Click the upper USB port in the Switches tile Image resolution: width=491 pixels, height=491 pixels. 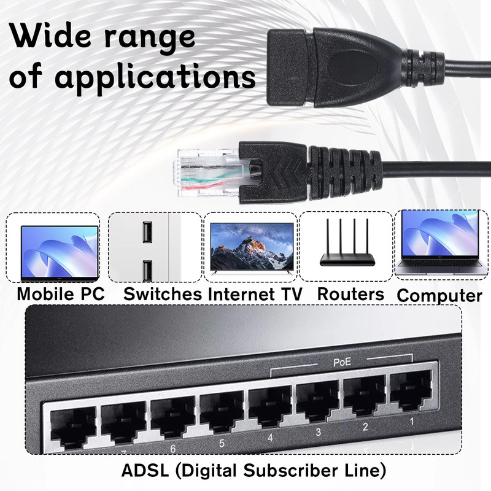coord(147,232)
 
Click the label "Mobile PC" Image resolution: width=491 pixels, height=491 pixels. coord(60,293)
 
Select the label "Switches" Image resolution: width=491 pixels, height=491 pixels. coord(162,293)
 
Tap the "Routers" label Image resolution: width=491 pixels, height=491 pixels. coord(350,293)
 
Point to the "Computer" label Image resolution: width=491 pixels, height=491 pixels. coord(439,295)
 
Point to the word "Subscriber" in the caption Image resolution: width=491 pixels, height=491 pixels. coord(282,471)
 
